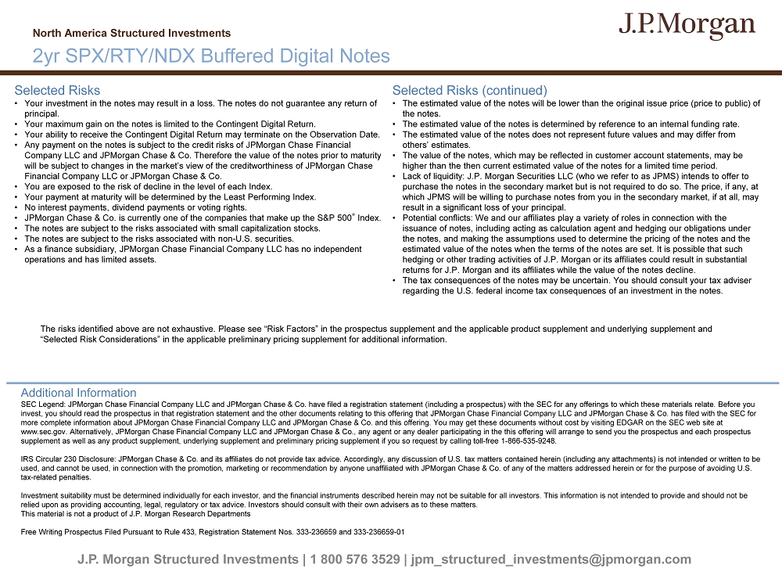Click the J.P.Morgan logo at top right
(x=687, y=26)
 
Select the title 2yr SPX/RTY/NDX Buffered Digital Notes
(x=211, y=56)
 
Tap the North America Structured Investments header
(x=131, y=34)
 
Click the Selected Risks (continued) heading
(x=469, y=91)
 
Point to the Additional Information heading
(x=78, y=393)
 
